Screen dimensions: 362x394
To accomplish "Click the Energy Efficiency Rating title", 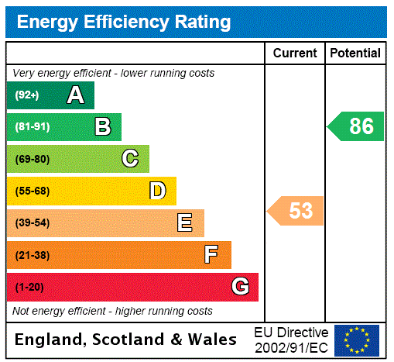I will (x=124, y=22).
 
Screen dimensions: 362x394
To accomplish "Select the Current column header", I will (x=295, y=53).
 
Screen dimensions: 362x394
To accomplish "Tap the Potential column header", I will (x=355, y=53).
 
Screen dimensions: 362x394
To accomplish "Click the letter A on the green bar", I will (x=75, y=95).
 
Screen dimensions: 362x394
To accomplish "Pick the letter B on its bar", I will (x=102, y=127).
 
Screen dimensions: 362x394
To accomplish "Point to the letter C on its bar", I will (x=130, y=159).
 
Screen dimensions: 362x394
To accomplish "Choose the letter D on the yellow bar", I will (x=157, y=191).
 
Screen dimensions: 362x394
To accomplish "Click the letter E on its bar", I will (x=185, y=223).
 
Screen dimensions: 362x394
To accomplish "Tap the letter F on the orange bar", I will (x=211, y=255).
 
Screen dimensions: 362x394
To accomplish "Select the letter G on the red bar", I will (x=240, y=287).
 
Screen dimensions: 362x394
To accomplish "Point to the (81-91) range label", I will (x=32, y=127).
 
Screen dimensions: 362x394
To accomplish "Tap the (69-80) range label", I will (x=32, y=159).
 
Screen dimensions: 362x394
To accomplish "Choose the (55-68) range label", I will (x=32, y=191).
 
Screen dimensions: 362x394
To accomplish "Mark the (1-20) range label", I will (x=29, y=287).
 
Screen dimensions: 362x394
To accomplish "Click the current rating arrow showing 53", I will (x=296, y=210).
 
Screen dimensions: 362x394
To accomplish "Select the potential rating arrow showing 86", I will (x=356, y=126).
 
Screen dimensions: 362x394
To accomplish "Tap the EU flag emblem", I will (x=357, y=340).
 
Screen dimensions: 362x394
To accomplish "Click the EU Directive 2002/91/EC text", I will (x=291, y=340).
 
